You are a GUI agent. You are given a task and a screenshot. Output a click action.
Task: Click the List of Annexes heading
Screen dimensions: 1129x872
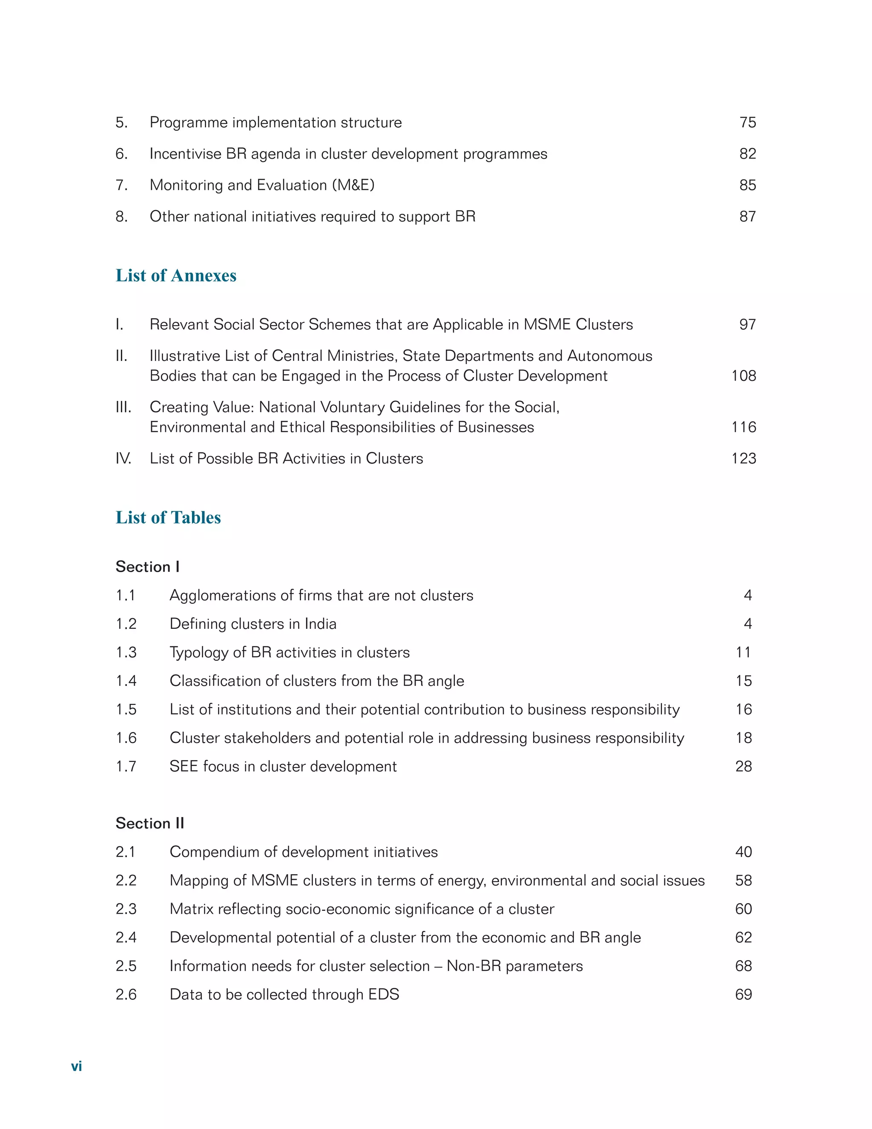[176, 276]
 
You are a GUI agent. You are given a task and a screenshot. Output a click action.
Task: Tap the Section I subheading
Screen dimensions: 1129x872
[147, 567]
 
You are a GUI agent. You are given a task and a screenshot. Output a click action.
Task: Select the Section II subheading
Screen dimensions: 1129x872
[149, 823]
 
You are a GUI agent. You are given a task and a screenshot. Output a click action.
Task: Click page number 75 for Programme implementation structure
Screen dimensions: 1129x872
[747, 123]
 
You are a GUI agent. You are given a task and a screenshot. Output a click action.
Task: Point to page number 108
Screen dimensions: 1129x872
[743, 376]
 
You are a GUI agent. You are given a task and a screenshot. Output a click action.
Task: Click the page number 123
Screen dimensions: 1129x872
[743, 458]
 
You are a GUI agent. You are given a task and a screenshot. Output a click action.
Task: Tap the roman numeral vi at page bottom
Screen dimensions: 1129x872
[77, 1066]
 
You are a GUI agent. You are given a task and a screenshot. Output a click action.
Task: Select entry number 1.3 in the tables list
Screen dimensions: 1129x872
[126, 652]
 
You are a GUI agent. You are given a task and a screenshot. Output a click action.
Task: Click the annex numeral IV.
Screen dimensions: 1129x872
[123, 458]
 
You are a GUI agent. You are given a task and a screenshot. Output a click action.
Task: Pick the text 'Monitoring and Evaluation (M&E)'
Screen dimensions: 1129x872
[262, 185]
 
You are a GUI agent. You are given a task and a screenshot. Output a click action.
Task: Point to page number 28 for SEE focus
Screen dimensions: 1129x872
[743, 766]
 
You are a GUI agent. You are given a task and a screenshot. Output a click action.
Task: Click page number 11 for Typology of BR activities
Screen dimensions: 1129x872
[743, 652]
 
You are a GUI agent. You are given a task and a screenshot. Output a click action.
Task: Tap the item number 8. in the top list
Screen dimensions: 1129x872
[121, 216]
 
